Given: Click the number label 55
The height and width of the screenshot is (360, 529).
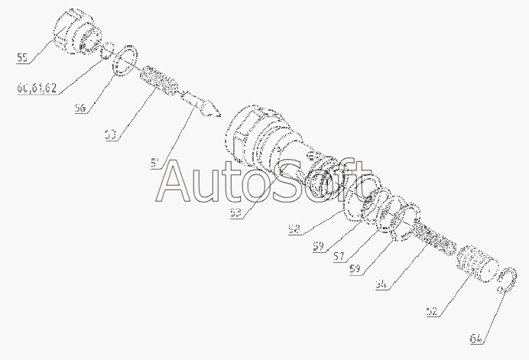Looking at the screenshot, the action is pyautogui.click(x=22, y=57).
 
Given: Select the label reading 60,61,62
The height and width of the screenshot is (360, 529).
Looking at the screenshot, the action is pyautogui.click(x=37, y=88).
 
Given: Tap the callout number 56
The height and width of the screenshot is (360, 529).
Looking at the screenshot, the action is pyautogui.click(x=80, y=109).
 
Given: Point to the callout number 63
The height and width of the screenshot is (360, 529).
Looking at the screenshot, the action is pyautogui.click(x=112, y=135).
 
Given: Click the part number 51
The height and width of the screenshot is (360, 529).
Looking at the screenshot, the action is pyautogui.click(x=156, y=162).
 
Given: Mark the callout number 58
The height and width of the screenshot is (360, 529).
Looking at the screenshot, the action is pyautogui.click(x=294, y=228).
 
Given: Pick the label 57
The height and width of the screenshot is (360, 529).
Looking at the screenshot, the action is pyautogui.click(x=338, y=257).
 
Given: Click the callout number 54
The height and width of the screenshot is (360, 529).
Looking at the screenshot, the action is pyautogui.click(x=382, y=284).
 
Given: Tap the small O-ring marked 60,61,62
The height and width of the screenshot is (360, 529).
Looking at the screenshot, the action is pyautogui.click(x=109, y=50).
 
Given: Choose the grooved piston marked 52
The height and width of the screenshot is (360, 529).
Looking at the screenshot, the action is pyautogui.click(x=477, y=264).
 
